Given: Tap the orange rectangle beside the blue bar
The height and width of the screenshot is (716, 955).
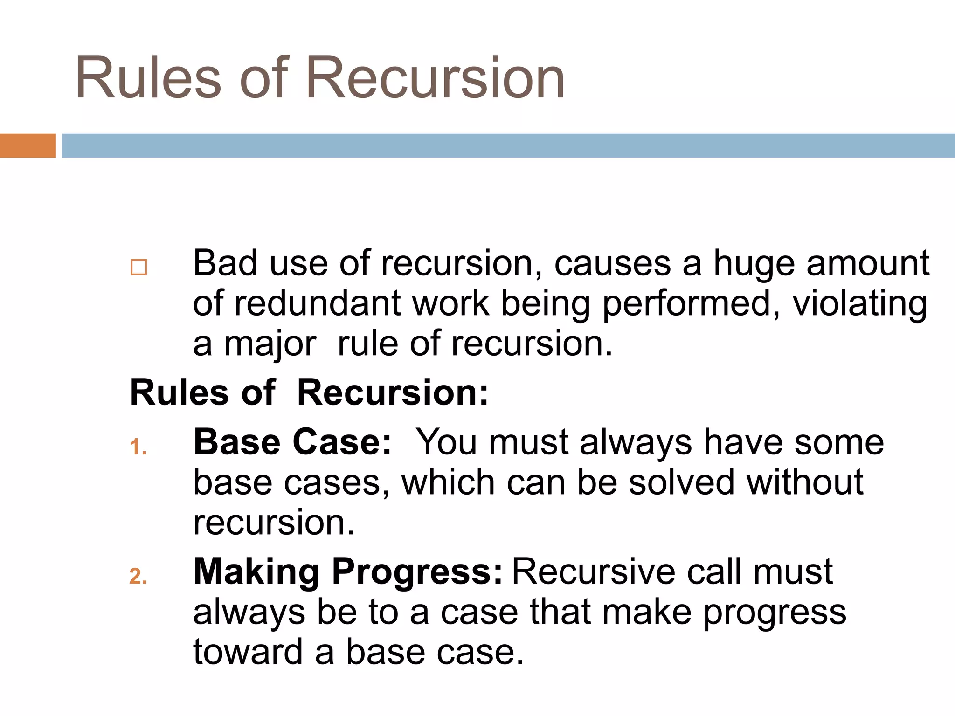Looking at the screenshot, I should pyautogui.click(x=28, y=145).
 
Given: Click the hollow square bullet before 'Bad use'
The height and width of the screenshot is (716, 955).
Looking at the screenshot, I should pyautogui.click(x=139, y=268).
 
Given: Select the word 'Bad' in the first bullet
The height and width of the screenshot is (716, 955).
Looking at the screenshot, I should pyautogui.click(x=225, y=263).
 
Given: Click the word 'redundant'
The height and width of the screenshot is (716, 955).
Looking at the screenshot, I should pyautogui.click(x=317, y=304).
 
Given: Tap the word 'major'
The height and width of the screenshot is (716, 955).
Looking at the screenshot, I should pyautogui.click(x=270, y=345).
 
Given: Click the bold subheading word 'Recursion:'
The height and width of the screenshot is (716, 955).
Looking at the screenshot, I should pyautogui.click(x=393, y=393).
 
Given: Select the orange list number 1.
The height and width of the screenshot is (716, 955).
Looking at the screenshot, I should pyautogui.click(x=138, y=447).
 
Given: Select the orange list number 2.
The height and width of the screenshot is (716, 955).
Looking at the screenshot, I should pyautogui.click(x=138, y=577).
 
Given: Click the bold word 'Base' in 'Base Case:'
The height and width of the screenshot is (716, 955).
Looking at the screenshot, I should pyautogui.click(x=237, y=442).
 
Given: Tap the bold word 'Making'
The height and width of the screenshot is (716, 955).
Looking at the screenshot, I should pyautogui.click(x=256, y=572).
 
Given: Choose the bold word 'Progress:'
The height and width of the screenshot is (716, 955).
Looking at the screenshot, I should pyautogui.click(x=417, y=572).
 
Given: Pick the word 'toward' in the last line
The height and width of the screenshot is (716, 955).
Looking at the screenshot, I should pyautogui.click(x=248, y=652).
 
